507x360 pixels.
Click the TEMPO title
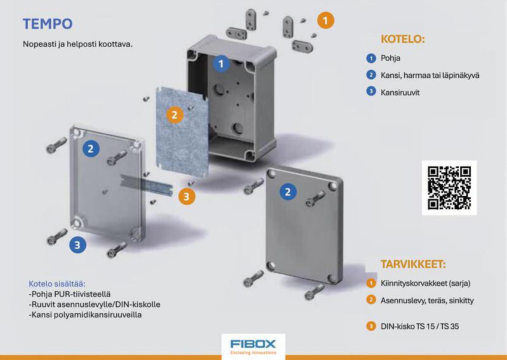click(48, 24)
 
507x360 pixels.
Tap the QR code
click(449, 188)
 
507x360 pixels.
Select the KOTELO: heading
click(403, 39)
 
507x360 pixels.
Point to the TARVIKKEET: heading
click(413, 264)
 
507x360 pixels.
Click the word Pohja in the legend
click(390, 58)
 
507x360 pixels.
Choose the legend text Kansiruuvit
click(400, 93)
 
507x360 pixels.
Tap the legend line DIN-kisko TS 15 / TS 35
click(420, 326)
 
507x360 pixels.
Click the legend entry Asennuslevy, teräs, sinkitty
click(427, 300)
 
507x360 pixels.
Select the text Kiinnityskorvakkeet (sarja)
click(425, 283)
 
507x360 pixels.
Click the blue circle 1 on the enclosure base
click(221, 64)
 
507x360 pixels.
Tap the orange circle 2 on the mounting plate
click(174, 115)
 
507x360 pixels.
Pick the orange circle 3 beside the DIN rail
click(186, 196)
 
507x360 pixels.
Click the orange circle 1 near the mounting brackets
click(325, 21)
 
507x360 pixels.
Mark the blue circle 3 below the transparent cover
click(77, 245)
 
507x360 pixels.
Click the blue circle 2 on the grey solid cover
click(288, 192)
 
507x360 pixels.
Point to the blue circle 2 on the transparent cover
click(91, 149)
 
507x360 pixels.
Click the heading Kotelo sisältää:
click(57, 284)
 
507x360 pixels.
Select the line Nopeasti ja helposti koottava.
click(78, 44)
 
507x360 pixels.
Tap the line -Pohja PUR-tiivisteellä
click(70, 294)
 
